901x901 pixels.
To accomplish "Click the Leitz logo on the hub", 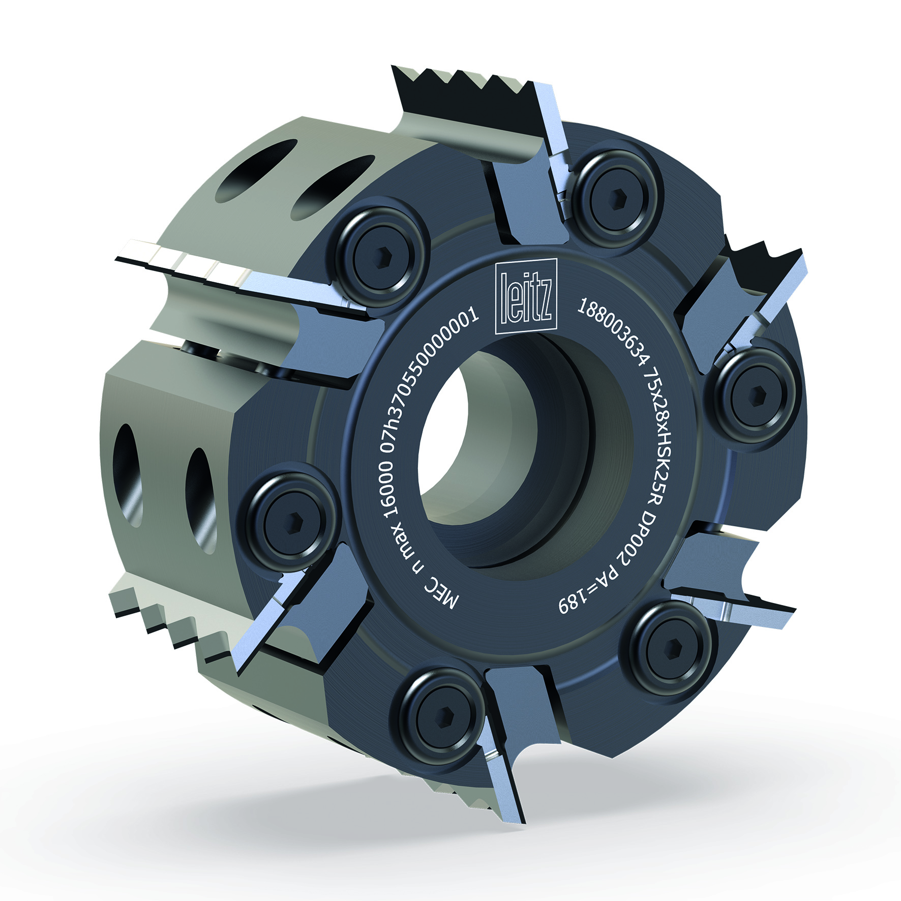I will (x=526, y=296).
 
